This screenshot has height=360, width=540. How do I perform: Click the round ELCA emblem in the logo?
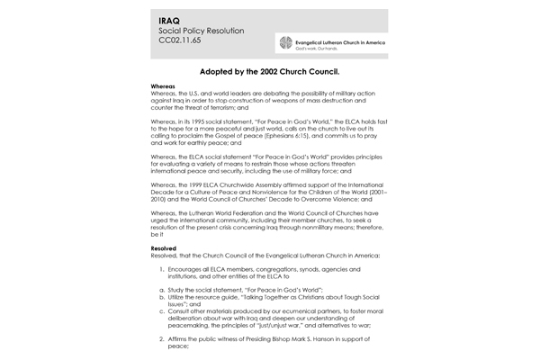pos(286,44)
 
